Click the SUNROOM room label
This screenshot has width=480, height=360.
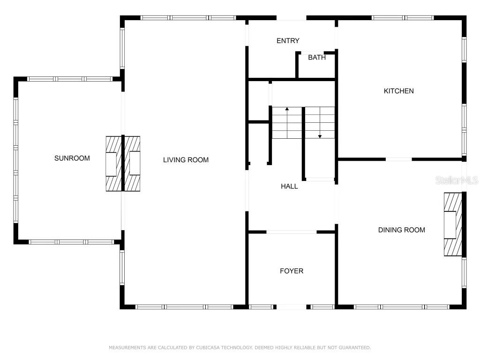72,158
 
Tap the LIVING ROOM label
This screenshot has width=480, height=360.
186,160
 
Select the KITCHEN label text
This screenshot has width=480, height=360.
398,91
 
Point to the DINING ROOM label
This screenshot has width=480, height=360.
402,230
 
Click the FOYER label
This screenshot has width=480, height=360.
292,271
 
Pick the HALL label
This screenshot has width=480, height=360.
289,186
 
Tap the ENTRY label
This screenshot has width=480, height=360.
288,41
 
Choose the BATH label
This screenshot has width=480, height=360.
317,57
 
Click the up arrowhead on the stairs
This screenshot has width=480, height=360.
287,109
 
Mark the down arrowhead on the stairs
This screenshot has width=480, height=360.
320,136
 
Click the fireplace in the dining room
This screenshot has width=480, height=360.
453,225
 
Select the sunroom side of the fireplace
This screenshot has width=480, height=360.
113,164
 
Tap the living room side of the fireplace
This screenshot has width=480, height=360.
132,164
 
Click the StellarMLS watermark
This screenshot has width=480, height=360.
457,180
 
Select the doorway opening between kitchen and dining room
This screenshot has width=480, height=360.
398,159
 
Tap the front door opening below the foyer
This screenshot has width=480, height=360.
292,307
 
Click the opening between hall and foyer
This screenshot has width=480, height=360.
292,232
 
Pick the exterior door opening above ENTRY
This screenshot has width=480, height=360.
292,18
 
